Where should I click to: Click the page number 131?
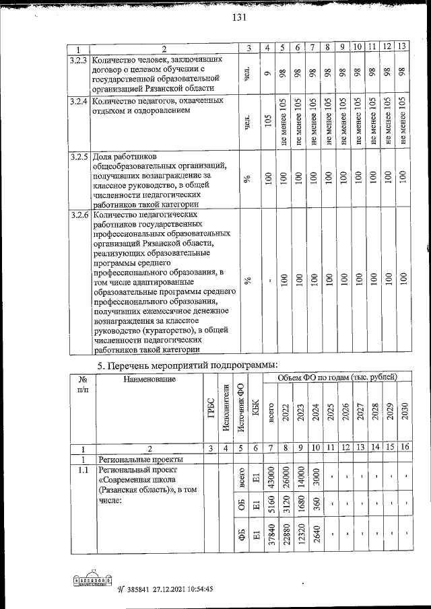pos(240,18)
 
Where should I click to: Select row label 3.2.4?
pos(79,102)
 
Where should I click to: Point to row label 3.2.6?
pos(79,215)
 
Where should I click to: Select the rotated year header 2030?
pos(404,411)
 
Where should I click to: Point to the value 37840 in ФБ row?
pos(271,536)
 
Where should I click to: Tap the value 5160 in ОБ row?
pos(271,509)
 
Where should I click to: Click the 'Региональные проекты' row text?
pos(132,459)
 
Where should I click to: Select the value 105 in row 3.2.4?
pos(268,120)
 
